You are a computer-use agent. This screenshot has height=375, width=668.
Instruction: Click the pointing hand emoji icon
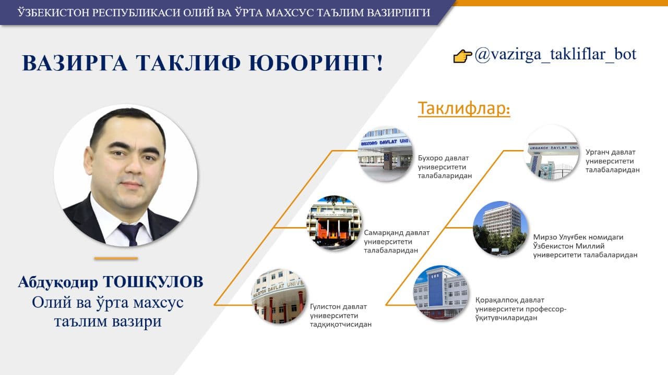point(462,56)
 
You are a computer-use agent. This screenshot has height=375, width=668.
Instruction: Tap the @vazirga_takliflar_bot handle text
point(555,55)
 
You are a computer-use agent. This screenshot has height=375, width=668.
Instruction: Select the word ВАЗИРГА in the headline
point(75,63)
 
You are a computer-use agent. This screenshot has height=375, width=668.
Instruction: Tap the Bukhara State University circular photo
point(385,154)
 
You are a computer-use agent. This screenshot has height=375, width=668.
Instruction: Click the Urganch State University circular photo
point(552,152)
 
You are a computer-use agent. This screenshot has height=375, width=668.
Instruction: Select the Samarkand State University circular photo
point(334,223)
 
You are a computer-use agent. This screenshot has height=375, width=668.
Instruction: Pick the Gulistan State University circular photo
point(279,296)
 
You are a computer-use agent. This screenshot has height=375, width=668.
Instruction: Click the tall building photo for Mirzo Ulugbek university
point(500,229)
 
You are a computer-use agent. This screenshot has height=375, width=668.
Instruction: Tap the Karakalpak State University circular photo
point(441,293)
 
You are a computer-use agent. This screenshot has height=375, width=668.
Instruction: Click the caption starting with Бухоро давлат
point(445,167)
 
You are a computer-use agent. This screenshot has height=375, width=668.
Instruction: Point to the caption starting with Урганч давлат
point(613,161)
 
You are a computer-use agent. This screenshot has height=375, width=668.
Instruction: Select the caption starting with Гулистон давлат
point(341,316)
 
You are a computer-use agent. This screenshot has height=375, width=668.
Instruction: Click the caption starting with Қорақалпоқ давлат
point(521,309)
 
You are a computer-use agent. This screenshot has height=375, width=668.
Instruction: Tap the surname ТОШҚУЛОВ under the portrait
point(153,282)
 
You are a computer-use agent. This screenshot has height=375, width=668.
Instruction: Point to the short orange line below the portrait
point(116,258)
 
